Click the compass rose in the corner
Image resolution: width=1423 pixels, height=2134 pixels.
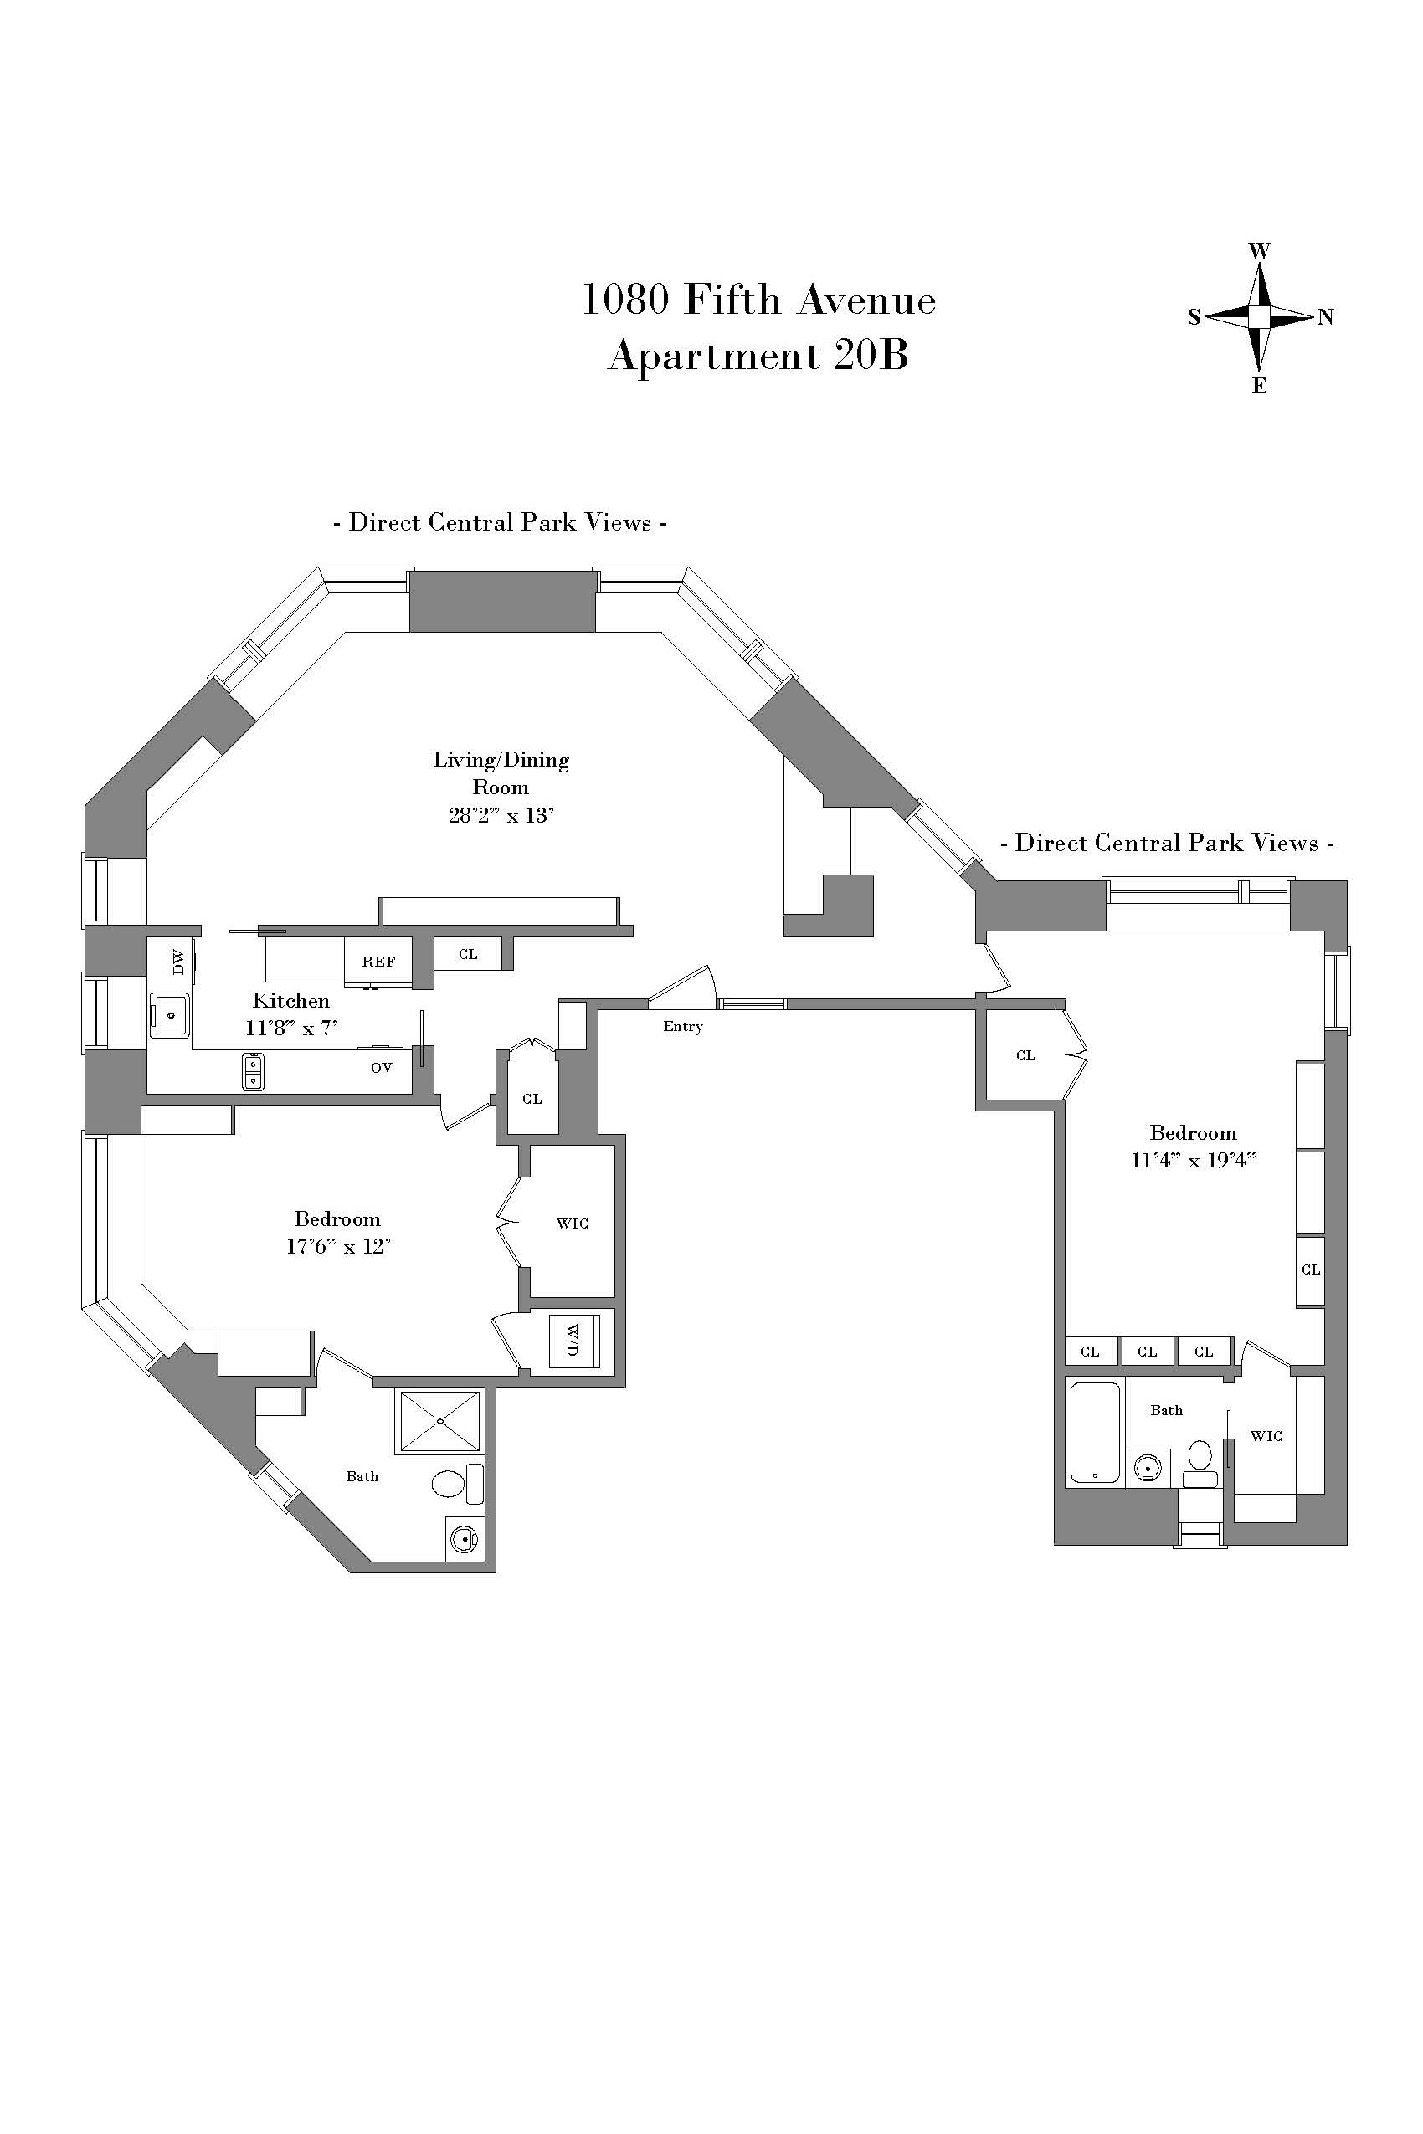1259,316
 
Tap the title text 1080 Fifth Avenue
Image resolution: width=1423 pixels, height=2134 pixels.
758,300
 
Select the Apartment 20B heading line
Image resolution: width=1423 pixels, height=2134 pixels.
758,355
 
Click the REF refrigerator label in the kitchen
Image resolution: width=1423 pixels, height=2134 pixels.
378,962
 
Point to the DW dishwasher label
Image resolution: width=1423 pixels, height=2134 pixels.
177,962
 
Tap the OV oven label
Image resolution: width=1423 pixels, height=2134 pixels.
381,1068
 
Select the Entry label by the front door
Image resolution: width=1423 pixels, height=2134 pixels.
682,1026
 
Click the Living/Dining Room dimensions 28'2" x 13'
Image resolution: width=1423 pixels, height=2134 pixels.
501,815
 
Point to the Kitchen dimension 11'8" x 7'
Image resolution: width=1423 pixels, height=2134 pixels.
291,1028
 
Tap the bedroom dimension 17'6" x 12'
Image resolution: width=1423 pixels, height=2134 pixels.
337,1246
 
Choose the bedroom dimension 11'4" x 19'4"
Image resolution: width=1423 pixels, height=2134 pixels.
1193,1160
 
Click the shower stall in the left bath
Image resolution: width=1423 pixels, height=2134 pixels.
439,1421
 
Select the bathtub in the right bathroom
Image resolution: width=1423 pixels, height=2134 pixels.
1095,1433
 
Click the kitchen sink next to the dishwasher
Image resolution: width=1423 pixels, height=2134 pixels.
171,1014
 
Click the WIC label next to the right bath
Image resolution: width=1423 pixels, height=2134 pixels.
1266,1435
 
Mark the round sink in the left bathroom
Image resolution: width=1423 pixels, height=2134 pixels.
464,1539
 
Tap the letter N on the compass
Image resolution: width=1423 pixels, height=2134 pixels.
1326,316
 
